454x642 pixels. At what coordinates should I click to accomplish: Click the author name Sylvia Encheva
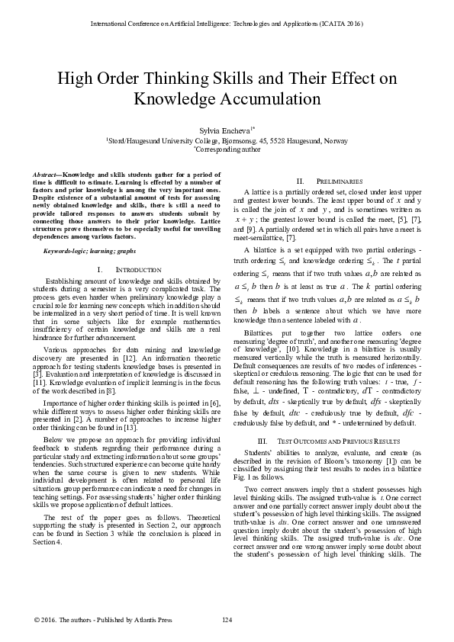[224, 131]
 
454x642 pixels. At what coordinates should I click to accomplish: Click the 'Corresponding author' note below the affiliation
[227, 150]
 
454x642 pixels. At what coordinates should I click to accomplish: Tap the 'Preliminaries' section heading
[327, 178]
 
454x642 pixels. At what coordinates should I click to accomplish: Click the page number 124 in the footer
[227, 618]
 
